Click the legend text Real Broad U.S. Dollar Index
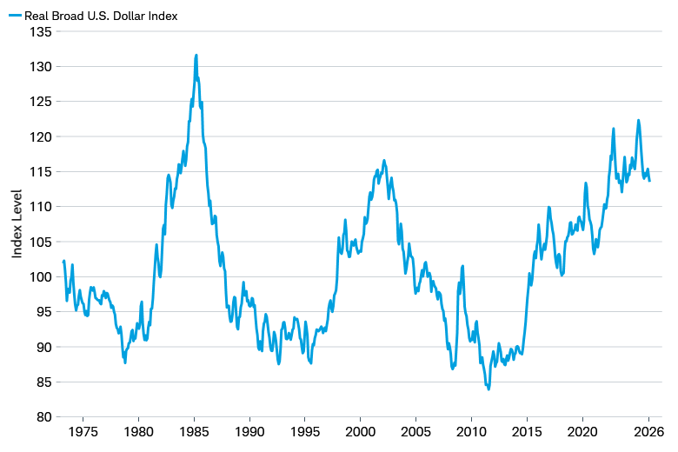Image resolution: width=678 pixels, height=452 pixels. [x=101, y=15]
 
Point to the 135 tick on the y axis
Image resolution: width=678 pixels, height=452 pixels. [x=42, y=31]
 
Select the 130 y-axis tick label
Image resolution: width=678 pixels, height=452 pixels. [x=42, y=67]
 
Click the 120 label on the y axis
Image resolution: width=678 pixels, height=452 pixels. [x=42, y=136]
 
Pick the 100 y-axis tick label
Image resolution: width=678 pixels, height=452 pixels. [x=42, y=276]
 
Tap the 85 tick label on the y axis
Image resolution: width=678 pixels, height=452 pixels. [x=44, y=382]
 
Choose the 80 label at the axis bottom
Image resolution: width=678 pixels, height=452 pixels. [x=44, y=417]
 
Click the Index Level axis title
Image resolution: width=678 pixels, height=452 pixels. [x=17, y=223]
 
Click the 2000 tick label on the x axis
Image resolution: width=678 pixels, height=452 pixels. [x=361, y=432]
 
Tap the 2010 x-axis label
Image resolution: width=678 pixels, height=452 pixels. [x=471, y=432]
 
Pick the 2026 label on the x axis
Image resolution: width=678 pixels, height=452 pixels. [x=648, y=432]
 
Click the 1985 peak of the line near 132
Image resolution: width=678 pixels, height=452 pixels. [x=196, y=55]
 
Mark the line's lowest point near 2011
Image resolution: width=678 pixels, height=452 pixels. [x=489, y=389]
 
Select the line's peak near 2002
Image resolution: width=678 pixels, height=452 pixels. [x=384, y=160]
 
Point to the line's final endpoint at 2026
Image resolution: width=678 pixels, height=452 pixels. [x=649, y=181]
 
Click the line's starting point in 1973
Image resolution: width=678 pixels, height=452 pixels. [x=63, y=261]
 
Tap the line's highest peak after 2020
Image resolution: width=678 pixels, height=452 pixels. [x=639, y=121]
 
